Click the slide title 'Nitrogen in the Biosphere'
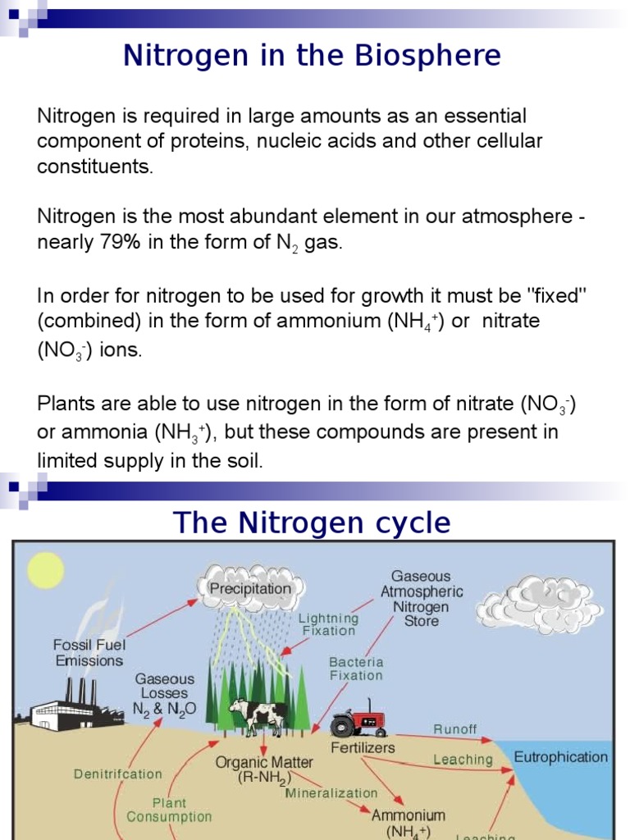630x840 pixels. (312, 56)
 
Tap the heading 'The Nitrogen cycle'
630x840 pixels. (312, 523)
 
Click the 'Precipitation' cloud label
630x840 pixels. (250, 588)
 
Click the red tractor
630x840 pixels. (358, 719)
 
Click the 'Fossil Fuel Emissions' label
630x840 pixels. (89, 652)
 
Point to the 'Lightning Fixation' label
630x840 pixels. (328, 624)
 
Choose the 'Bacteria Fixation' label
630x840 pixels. (356, 669)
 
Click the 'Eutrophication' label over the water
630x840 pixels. (561, 756)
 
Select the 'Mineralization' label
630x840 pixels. (331, 793)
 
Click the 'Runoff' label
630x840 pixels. (454, 729)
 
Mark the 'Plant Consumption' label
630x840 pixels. (169, 810)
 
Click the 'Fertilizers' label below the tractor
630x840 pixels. (363, 747)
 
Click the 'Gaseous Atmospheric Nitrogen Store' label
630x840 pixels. (422, 599)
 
